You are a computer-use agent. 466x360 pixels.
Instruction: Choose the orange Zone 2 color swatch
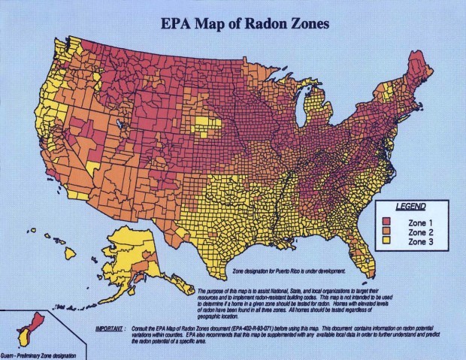click(387, 231)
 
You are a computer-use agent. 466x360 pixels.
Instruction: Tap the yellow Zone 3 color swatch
click(387, 242)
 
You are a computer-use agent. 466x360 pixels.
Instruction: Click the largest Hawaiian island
click(70, 253)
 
